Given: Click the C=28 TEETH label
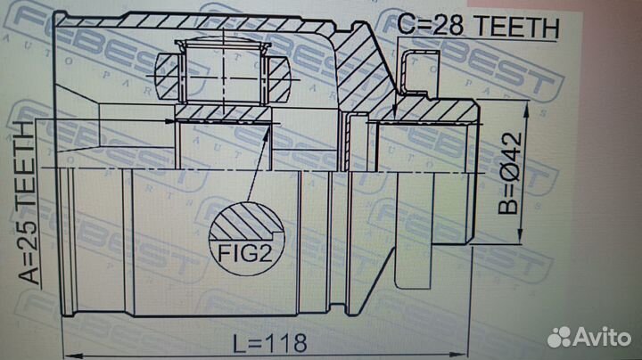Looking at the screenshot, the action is [x=478, y=25].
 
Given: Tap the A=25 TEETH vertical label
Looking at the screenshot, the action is [x=29, y=202].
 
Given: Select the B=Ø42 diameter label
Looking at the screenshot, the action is [x=510, y=174].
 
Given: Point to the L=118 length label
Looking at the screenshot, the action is [x=270, y=343].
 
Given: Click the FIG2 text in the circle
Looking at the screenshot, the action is [x=245, y=253].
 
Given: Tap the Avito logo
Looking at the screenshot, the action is [x=588, y=337].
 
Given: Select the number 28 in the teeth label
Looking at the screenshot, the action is [x=449, y=25].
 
